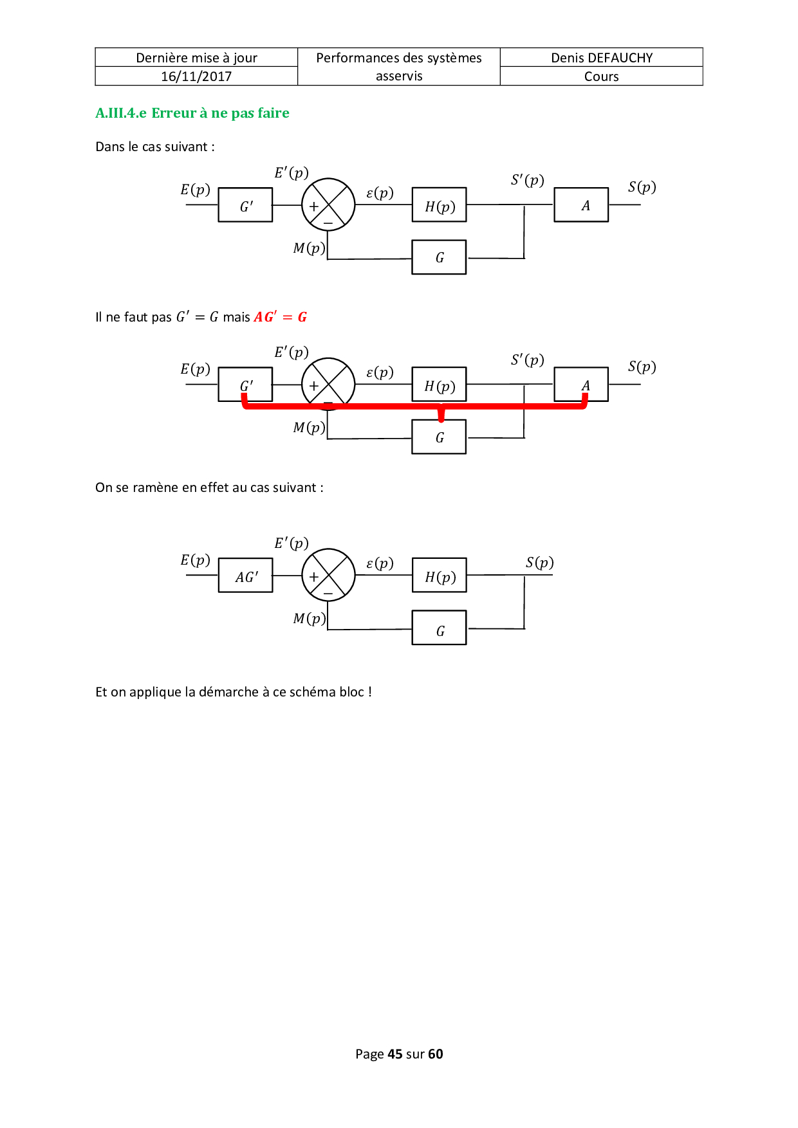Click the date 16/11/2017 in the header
tap(196, 77)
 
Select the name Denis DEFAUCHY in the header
tap(602, 58)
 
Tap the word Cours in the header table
tap(602, 77)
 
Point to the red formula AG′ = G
tap(281, 317)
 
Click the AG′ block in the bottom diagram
tap(246, 576)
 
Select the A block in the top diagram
tap(581, 205)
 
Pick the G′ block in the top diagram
tap(245, 205)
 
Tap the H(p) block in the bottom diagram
tap(440, 576)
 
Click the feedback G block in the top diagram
tap(439, 257)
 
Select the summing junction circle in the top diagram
tap(328, 205)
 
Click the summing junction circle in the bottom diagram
tap(328, 575)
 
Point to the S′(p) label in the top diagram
tap(528, 180)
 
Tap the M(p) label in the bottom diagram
tap(309, 619)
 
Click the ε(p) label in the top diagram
tap(380, 193)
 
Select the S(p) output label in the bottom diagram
tap(539, 563)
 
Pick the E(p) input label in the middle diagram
tap(195, 369)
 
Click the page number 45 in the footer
tap(394, 1054)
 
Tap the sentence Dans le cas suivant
tap(154, 147)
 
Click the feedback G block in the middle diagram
tap(439, 437)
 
